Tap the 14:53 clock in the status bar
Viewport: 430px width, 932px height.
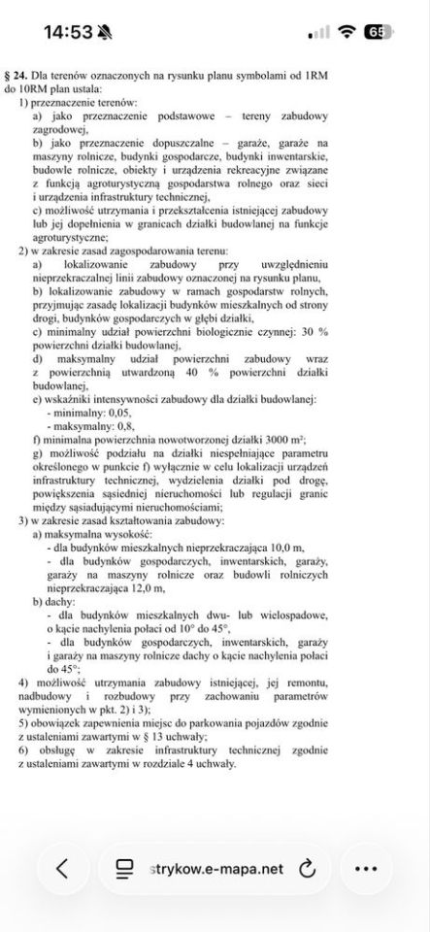click(x=68, y=32)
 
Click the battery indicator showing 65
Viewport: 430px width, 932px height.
click(x=376, y=32)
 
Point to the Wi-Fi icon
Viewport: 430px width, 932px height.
click(x=346, y=32)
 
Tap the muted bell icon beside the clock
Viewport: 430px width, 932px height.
click(x=106, y=32)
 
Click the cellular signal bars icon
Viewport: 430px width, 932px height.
click(x=318, y=33)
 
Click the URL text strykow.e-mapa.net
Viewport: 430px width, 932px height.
click(x=218, y=868)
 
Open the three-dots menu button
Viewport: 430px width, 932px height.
click(x=365, y=868)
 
